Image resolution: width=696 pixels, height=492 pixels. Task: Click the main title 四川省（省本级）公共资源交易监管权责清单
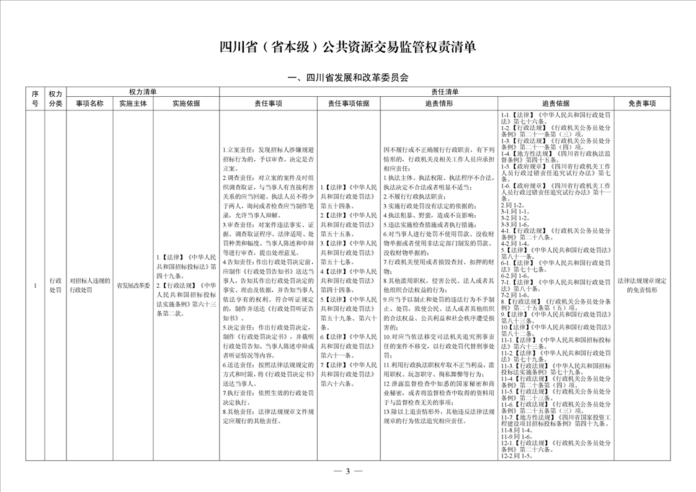(x=348, y=48)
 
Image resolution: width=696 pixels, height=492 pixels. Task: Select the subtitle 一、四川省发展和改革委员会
(x=348, y=78)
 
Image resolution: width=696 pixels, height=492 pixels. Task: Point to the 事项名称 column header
(x=89, y=104)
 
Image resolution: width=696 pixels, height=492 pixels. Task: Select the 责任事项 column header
(x=268, y=104)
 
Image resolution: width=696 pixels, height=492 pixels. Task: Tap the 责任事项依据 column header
(x=349, y=104)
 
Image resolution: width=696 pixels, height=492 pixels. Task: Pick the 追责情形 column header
(x=439, y=104)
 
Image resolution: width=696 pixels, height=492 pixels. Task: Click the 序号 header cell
(x=35, y=98)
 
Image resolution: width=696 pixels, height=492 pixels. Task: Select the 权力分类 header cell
(x=55, y=98)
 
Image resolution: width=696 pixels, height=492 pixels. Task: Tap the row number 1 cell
(x=35, y=286)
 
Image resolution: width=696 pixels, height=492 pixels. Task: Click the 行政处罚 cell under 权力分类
(x=55, y=286)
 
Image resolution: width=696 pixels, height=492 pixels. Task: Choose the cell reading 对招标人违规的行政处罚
(x=89, y=286)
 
